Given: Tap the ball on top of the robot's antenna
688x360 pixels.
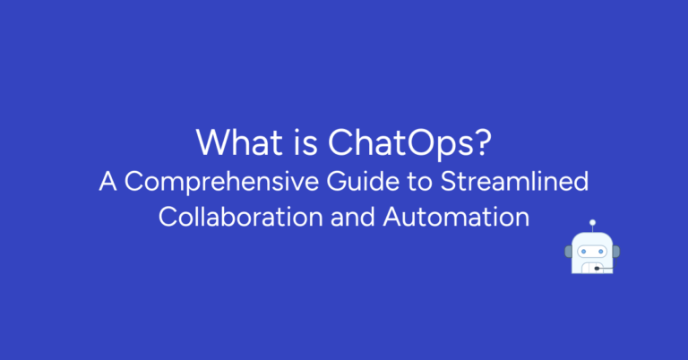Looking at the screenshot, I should click(591, 222).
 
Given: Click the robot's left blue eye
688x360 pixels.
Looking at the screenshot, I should click(583, 251).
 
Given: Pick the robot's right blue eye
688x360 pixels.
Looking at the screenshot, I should click(601, 251).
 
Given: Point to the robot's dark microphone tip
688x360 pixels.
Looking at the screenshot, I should click(598, 268).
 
